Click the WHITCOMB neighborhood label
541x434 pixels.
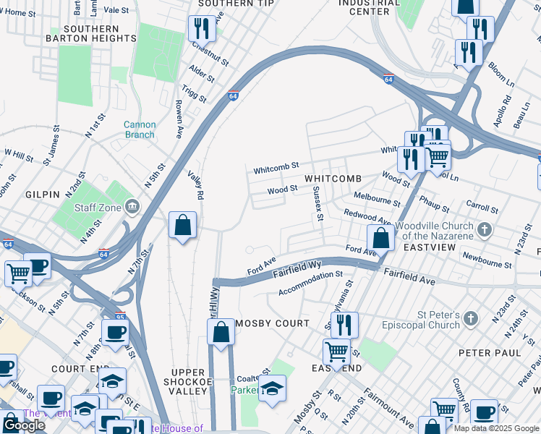click(333, 179)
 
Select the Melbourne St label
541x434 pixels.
click(377, 200)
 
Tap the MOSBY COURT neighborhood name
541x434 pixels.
click(271, 323)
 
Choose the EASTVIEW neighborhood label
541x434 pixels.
click(430, 247)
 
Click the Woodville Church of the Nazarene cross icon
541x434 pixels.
click(485, 230)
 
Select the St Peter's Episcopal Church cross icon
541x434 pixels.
click(471, 319)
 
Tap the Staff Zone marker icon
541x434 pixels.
click(132, 208)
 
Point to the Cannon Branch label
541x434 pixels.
click(139, 129)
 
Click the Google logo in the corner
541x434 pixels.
click(23, 425)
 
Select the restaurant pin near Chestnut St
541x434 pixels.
click(201, 29)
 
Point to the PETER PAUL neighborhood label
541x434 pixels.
click(490, 352)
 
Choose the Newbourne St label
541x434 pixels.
click(487, 260)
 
